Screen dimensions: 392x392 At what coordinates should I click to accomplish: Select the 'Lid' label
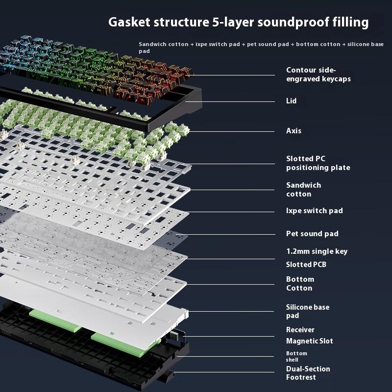point(291,101)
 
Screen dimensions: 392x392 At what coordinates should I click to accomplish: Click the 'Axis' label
point(294,131)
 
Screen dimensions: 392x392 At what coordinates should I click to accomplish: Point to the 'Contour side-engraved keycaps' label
point(318,74)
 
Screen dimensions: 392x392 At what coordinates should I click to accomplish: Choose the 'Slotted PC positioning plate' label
point(318,163)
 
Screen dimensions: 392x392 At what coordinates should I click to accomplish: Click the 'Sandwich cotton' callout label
point(303,190)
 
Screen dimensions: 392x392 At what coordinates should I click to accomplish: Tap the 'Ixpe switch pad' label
point(314,211)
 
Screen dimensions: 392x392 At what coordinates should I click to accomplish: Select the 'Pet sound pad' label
point(312,234)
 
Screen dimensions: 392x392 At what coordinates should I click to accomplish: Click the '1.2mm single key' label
point(317,251)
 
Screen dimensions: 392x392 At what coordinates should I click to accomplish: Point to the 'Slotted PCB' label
point(306,265)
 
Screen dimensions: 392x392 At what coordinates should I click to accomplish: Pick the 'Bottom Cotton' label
point(300,284)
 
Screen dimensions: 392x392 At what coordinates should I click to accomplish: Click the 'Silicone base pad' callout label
point(307,312)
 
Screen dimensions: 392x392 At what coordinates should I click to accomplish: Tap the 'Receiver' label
point(300,330)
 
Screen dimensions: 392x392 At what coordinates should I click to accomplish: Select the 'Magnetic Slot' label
point(309,341)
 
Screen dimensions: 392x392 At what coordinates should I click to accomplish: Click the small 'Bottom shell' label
point(296,356)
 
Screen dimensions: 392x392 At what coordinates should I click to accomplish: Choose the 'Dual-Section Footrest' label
point(308,373)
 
